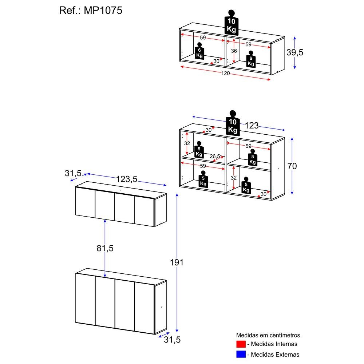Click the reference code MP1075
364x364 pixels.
click(x=103, y=11)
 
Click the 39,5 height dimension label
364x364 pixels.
click(x=294, y=52)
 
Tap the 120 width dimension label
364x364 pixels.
click(x=226, y=74)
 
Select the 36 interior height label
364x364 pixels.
click(x=234, y=51)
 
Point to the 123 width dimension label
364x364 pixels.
click(x=251, y=126)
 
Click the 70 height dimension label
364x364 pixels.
click(x=292, y=166)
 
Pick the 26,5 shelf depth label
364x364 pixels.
click(x=214, y=157)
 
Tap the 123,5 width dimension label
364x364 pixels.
click(x=127, y=179)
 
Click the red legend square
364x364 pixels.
click(x=241, y=344)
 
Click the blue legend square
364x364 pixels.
click(x=241, y=354)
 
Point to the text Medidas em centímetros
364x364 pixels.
click(x=269, y=335)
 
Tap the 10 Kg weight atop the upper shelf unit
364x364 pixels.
click(x=231, y=25)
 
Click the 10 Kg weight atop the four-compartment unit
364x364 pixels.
click(x=233, y=125)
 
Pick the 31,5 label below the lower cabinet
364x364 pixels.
click(x=172, y=340)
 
